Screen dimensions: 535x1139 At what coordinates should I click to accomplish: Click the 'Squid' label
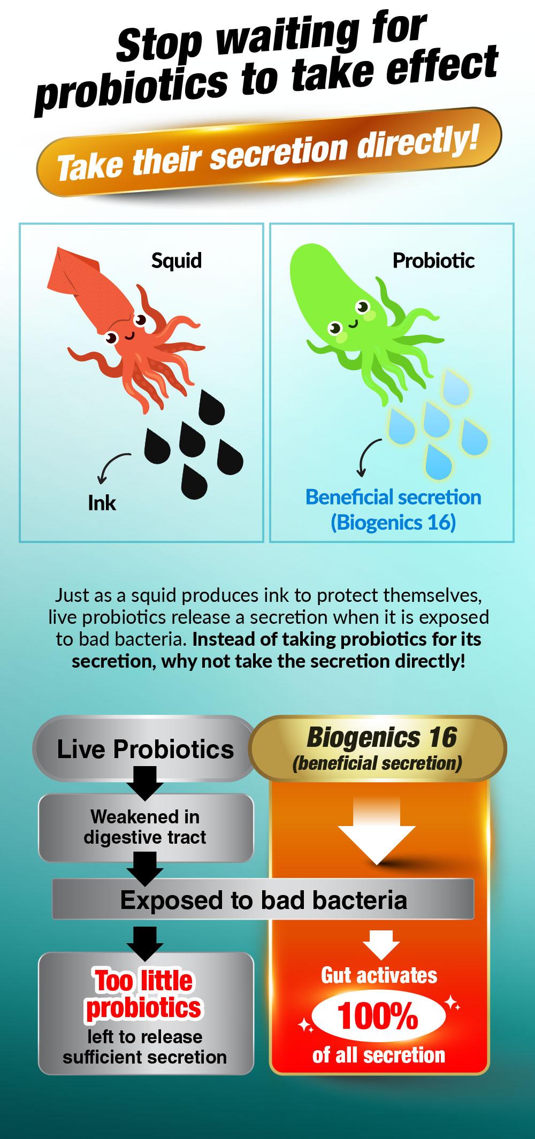pyautogui.click(x=177, y=261)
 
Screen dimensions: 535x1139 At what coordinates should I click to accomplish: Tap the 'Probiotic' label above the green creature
pyautogui.click(x=433, y=261)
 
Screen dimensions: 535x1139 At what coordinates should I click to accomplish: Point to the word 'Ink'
pyautogui.click(x=102, y=503)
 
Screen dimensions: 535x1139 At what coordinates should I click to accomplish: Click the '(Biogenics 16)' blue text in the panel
pyautogui.click(x=393, y=522)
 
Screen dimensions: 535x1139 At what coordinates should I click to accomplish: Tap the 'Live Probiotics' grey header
pyautogui.click(x=144, y=748)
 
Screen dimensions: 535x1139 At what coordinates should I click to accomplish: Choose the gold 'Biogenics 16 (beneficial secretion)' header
pyautogui.click(x=378, y=748)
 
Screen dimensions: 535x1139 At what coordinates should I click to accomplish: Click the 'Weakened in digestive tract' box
pyautogui.click(x=146, y=828)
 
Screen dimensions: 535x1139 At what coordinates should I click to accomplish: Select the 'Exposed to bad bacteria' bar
pyautogui.click(x=263, y=899)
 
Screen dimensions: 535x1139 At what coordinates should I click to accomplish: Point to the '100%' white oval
pyautogui.click(x=378, y=1015)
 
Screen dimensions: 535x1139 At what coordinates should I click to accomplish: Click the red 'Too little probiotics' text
pyautogui.click(x=143, y=995)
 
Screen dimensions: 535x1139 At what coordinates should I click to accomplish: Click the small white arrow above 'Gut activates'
pyautogui.click(x=381, y=945)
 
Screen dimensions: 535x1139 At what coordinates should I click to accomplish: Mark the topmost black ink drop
pyautogui.click(x=211, y=408)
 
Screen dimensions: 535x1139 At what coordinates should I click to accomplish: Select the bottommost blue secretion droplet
pyautogui.click(x=438, y=461)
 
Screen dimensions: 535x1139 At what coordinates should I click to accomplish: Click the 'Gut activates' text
pyautogui.click(x=379, y=975)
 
